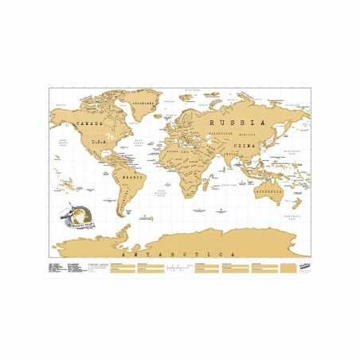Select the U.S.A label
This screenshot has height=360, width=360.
(97, 143)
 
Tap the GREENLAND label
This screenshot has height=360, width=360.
(143, 104)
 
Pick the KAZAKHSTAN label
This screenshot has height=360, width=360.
(213, 137)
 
